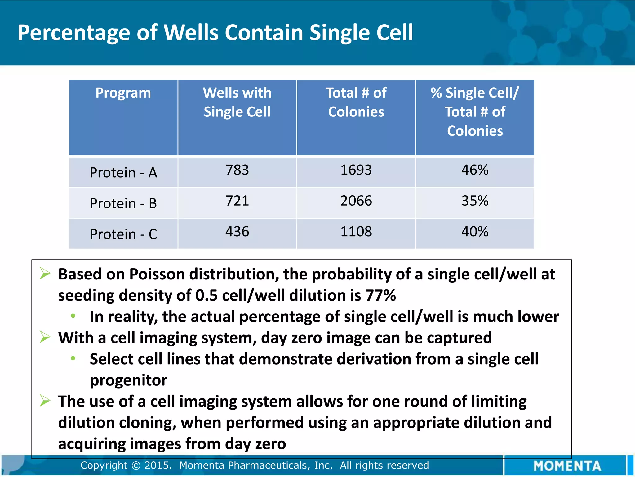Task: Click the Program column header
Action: tap(123, 93)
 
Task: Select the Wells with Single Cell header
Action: tap(237, 102)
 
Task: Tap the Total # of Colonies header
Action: tap(356, 102)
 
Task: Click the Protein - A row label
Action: tap(123, 173)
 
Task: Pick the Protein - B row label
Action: tap(123, 203)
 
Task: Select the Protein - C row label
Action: tap(123, 234)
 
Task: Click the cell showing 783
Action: tap(237, 170)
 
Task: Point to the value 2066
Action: tap(356, 201)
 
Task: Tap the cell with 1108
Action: tap(356, 231)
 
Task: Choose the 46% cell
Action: tap(475, 170)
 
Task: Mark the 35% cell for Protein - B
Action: tap(475, 201)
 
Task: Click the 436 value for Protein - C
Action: tap(237, 231)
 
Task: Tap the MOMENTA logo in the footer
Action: tap(567, 466)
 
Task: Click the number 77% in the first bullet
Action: tap(380, 295)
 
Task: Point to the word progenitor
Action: tap(128, 380)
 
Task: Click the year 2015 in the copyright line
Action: tap(158, 465)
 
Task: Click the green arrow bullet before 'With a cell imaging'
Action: tap(45, 337)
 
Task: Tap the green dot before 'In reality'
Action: tap(73, 316)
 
